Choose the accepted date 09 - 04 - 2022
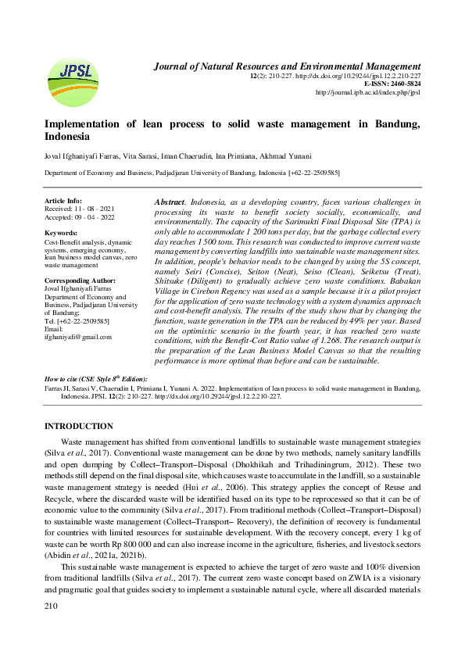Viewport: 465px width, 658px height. point(95,216)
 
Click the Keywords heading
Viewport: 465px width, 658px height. point(61,234)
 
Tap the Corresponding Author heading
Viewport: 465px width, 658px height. point(80,279)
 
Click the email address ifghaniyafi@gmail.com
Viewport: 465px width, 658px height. point(78,337)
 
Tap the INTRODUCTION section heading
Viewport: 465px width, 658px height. point(79,426)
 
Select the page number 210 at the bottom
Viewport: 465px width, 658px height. point(52,628)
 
